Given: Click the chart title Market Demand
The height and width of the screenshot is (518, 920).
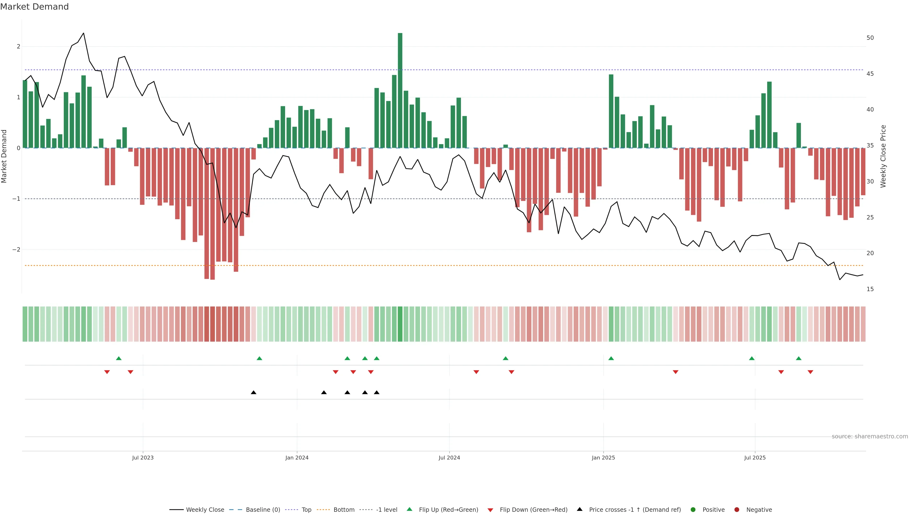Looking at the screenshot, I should pos(34,7).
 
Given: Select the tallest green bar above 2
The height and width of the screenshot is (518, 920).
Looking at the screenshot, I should pos(400,89).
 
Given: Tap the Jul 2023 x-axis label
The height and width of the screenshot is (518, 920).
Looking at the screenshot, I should pos(143,458).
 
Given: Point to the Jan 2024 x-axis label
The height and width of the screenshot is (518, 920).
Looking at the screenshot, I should pos(297,458).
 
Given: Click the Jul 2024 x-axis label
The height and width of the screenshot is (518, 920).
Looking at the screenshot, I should pos(449,458).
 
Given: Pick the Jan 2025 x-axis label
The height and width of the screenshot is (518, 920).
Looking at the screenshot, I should pos(603,458).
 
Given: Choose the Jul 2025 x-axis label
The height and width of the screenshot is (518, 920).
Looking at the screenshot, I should pos(755,458).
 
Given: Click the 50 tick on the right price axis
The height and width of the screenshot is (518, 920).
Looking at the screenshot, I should pos(870,38).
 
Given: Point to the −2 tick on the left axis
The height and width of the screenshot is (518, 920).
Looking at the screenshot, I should pos(17,249).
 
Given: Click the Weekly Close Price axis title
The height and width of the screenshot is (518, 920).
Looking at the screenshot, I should pos(883,156).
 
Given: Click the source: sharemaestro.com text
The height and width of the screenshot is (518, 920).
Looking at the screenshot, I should pos(870,436).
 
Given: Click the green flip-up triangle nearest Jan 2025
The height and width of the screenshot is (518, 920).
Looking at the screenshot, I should pos(611,358).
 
